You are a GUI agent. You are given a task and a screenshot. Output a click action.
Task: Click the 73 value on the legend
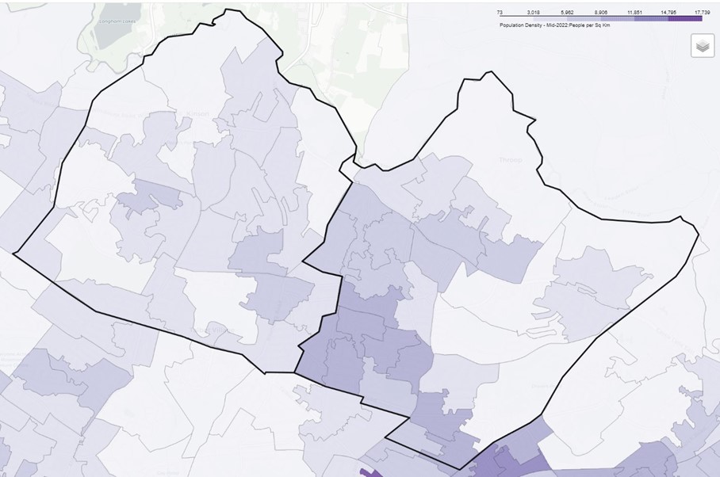500,12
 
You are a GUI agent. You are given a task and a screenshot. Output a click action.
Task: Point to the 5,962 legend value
567,12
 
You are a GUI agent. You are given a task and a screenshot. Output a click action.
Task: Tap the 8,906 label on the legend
600,12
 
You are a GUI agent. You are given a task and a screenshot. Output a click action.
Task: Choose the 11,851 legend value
634,12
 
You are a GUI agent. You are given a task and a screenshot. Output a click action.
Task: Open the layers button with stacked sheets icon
702,46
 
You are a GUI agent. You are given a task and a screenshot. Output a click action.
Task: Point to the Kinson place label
197,113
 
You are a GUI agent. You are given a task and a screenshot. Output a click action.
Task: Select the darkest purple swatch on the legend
685,18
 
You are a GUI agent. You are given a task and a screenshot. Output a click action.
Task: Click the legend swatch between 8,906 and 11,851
617,18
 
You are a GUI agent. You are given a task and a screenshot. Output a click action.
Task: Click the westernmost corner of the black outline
13,253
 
